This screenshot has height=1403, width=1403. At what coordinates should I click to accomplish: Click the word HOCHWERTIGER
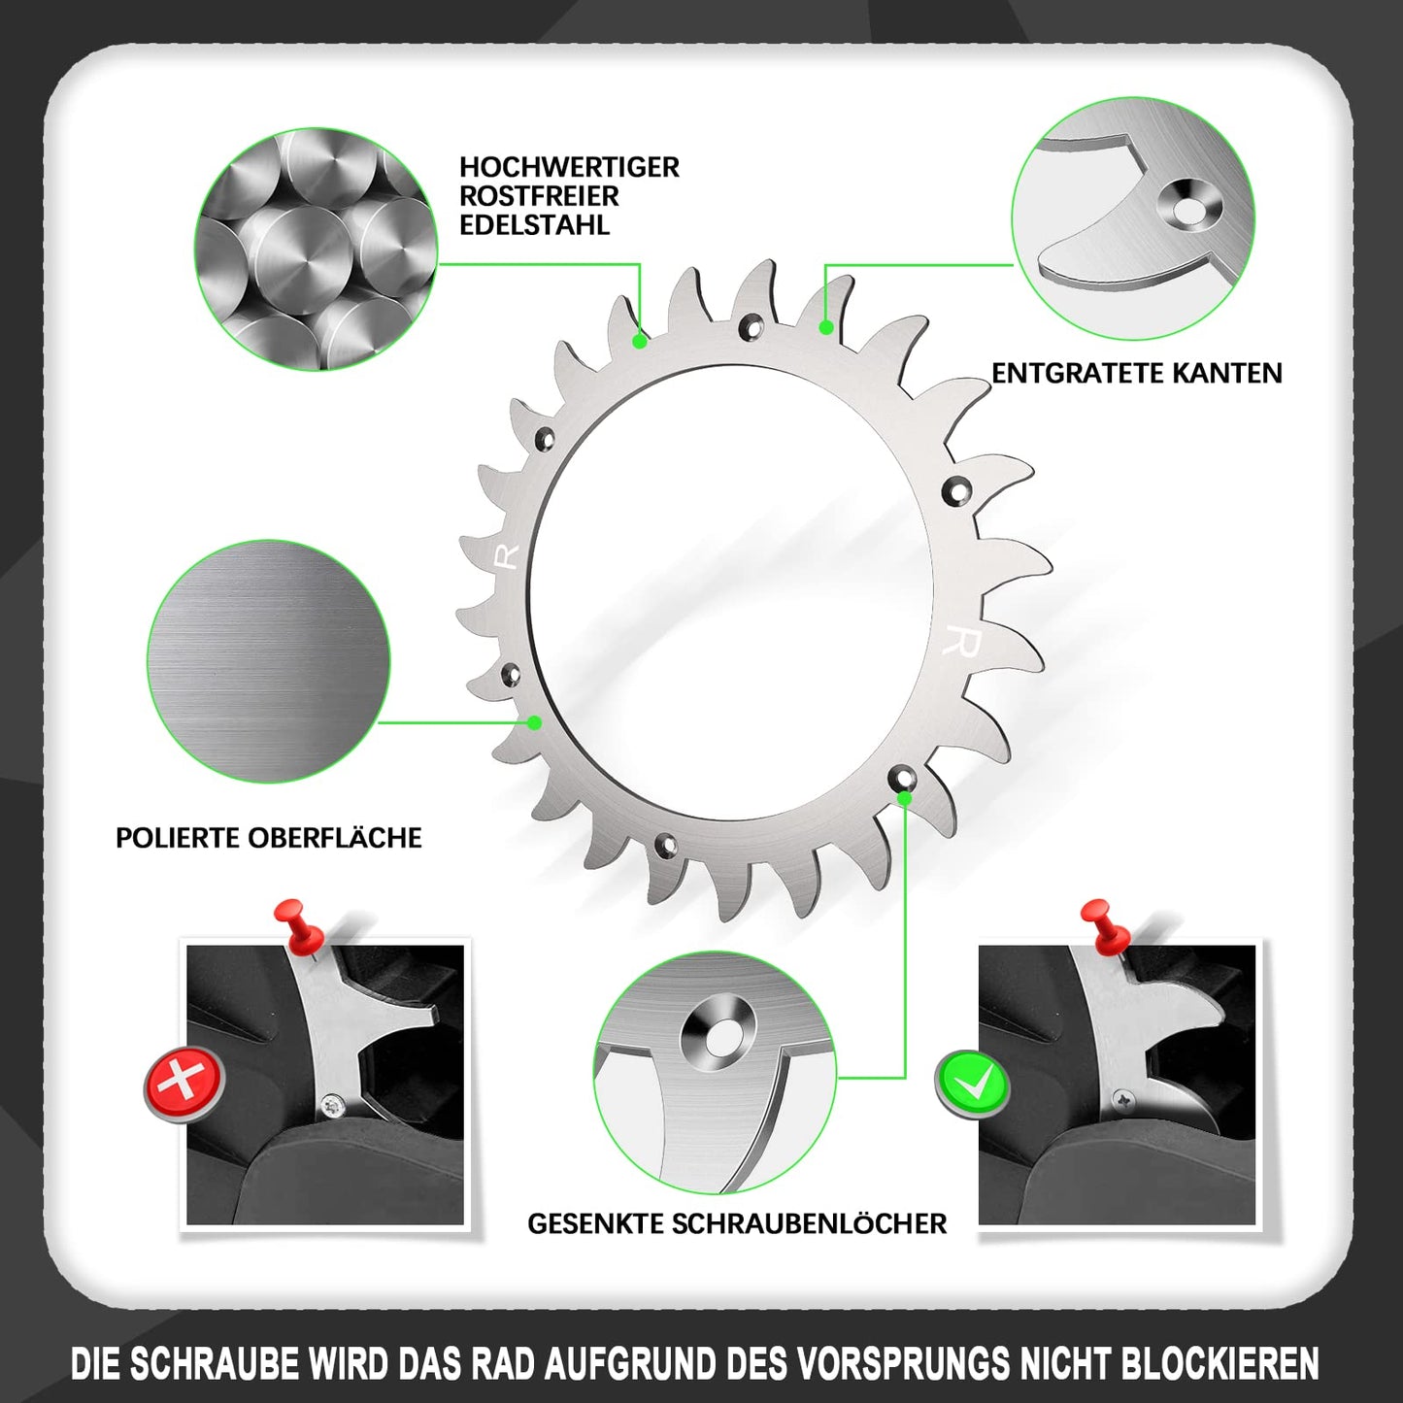coord(569,167)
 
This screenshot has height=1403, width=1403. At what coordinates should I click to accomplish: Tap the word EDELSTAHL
coord(534,225)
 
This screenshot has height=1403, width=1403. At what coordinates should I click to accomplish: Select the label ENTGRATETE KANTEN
coord(1136,373)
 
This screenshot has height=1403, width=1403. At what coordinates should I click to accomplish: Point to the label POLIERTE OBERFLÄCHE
coord(269,838)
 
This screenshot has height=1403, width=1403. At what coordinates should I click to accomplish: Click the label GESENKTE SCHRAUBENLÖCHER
coord(737,1223)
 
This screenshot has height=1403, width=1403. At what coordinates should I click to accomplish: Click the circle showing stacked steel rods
coord(316,249)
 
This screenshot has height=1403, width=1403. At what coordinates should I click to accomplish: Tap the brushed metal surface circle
coord(269,661)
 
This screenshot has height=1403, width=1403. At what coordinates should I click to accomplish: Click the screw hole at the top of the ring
coord(749,325)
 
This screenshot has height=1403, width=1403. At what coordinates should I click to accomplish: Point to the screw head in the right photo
coord(1125,1099)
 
